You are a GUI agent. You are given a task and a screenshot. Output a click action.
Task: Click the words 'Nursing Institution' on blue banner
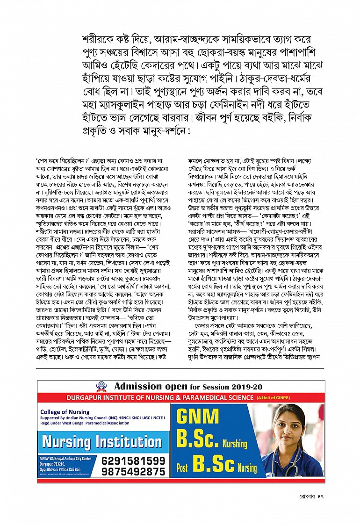pyautogui.click(x=102, y=442)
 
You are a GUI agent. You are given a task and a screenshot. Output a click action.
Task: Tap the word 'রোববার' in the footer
pyautogui.click(x=308, y=496)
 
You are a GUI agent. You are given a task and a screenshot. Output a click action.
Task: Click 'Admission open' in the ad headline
pyautogui.click(x=151, y=387)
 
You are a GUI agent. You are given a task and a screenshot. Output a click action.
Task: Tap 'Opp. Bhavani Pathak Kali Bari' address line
pyautogui.click(x=61, y=468)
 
